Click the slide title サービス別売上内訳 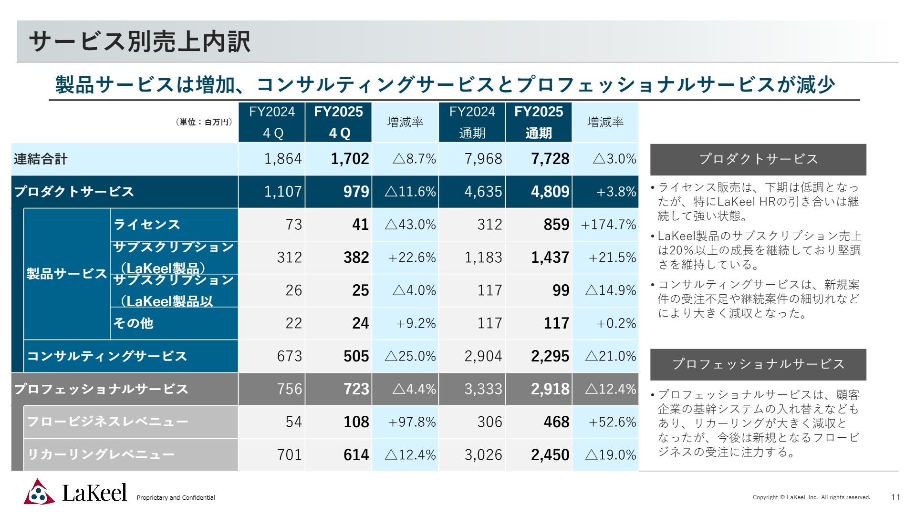[x=139, y=41]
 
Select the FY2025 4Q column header [x=338, y=122]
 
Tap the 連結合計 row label [x=41, y=159]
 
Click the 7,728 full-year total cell [x=550, y=159]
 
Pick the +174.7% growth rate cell [x=608, y=225]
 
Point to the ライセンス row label [x=147, y=225]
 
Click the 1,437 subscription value [x=550, y=257]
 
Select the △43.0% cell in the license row [x=410, y=225]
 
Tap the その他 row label [x=133, y=323]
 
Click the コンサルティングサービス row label [x=107, y=356]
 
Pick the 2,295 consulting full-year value [x=550, y=356]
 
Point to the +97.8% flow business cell [x=411, y=422]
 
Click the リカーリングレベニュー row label [x=101, y=454]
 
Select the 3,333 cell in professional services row [x=483, y=389]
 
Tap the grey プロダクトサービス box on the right [x=758, y=159]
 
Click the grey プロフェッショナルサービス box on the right [x=758, y=364]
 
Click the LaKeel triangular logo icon [x=39, y=492]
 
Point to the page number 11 [x=895, y=497]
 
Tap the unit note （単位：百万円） [x=204, y=122]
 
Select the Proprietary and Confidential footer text [x=176, y=498]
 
